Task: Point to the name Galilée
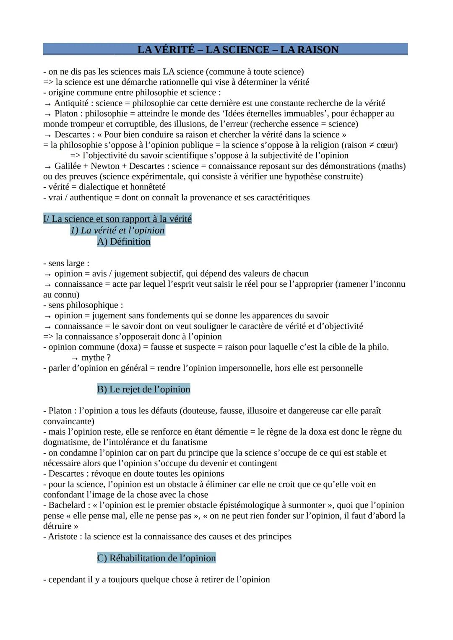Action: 68,166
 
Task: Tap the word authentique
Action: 89,197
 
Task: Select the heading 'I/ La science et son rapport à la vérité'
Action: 117,219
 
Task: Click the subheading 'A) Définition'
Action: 124,242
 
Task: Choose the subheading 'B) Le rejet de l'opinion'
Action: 143,389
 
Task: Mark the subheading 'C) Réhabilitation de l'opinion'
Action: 156,558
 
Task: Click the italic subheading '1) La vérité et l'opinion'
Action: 117,231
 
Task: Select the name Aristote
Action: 63,536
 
